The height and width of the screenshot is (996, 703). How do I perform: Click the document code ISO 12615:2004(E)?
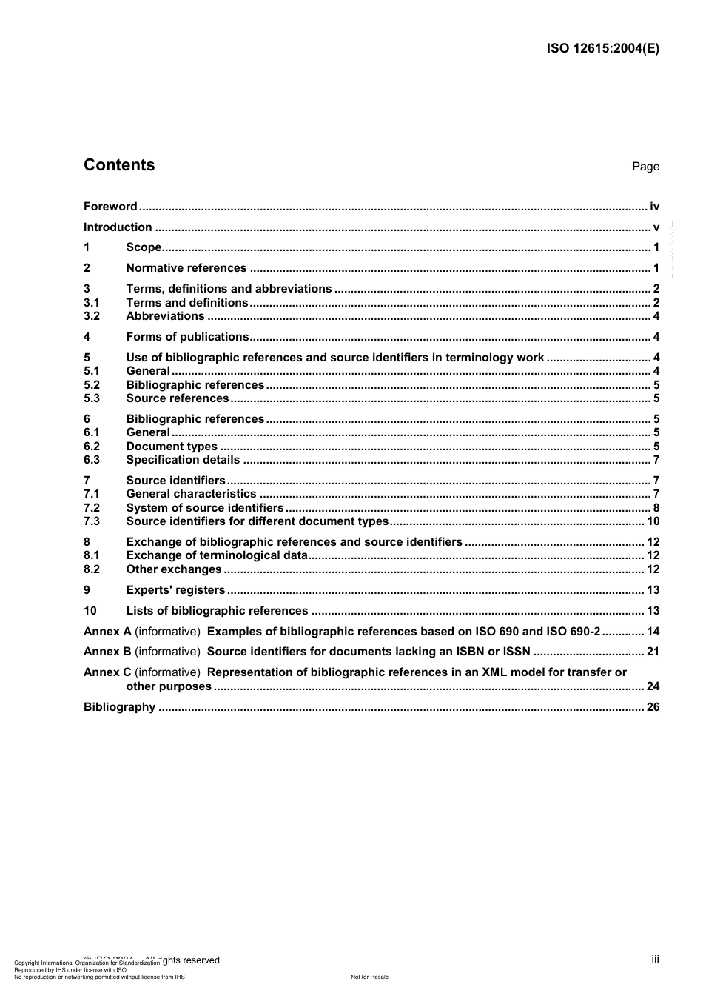(602, 49)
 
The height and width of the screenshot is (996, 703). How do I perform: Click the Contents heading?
(119, 165)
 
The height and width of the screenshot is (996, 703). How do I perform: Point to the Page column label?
(645, 167)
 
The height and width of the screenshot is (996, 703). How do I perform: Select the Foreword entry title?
(110, 207)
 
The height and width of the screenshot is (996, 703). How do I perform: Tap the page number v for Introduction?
(656, 227)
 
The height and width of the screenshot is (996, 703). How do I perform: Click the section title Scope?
(144, 247)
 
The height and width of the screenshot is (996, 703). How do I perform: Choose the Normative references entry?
(186, 268)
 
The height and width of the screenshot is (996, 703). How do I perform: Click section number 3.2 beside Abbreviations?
(92, 316)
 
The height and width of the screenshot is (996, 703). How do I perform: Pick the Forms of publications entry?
(187, 337)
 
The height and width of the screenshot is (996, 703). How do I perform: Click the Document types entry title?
(172, 447)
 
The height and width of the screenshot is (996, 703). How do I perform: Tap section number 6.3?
(92, 460)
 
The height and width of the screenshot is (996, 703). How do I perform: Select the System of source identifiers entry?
(204, 508)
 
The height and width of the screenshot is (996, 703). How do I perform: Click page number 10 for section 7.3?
(653, 521)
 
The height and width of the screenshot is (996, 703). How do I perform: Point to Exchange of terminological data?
(216, 555)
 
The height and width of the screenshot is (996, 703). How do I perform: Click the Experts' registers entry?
(175, 590)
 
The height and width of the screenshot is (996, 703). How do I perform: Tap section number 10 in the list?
(90, 611)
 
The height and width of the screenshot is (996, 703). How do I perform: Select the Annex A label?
(107, 632)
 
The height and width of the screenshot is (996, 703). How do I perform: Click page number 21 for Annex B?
(653, 652)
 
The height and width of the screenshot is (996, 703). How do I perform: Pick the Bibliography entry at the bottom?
(119, 707)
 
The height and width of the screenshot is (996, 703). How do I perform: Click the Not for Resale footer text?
(369, 977)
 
